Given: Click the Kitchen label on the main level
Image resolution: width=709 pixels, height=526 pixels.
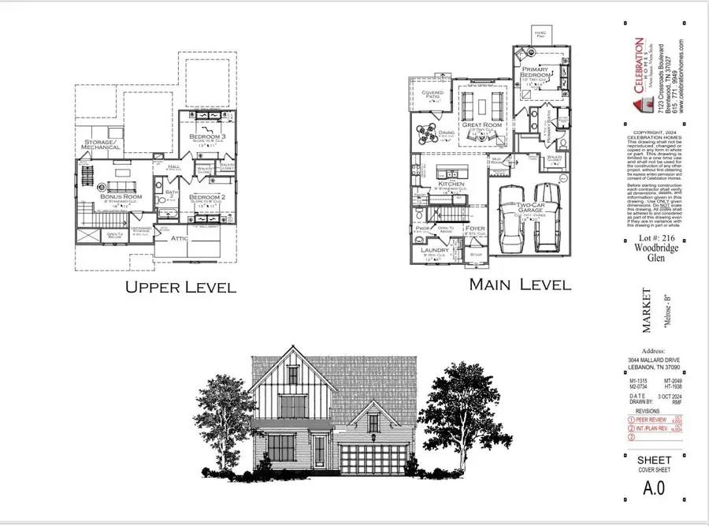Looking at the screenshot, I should (451, 185).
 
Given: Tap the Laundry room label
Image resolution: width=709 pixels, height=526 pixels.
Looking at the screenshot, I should (434, 252).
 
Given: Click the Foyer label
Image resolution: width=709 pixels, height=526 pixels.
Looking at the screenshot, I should (475, 229).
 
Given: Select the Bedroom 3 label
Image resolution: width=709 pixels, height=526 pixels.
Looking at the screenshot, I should (207, 138).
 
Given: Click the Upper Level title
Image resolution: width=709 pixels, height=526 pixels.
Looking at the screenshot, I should (180, 287).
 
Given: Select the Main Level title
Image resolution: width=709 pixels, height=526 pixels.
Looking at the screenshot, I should (520, 284).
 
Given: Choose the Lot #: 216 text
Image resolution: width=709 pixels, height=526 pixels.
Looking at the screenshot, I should (651, 236).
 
